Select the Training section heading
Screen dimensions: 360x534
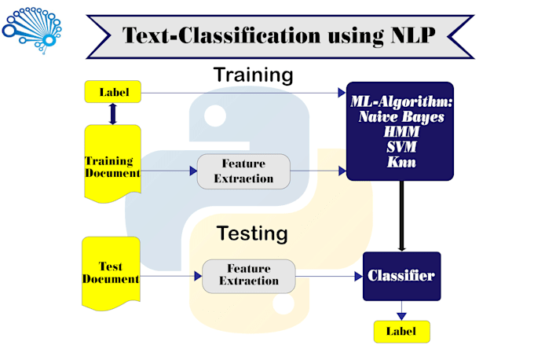tap(253, 75)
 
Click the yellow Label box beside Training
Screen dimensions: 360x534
tap(112, 93)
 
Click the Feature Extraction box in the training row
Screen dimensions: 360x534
tap(243, 171)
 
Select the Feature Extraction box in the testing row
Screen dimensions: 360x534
tap(248, 275)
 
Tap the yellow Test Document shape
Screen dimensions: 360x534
tap(111, 273)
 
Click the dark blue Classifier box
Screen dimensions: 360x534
tap(401, 276)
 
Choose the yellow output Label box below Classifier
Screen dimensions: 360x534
tap(401, 331)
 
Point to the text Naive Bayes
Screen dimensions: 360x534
tap(400, 117)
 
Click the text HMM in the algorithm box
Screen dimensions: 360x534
tap(400, 132)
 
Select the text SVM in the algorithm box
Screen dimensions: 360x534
tap(400, 147)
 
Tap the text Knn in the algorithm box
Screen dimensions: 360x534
tap(400, 163)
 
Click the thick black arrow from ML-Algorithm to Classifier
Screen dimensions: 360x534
tap(401, 216)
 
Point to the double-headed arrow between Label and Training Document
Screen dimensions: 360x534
tap(112, 115)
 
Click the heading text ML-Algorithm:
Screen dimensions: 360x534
tap(400, 101)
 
